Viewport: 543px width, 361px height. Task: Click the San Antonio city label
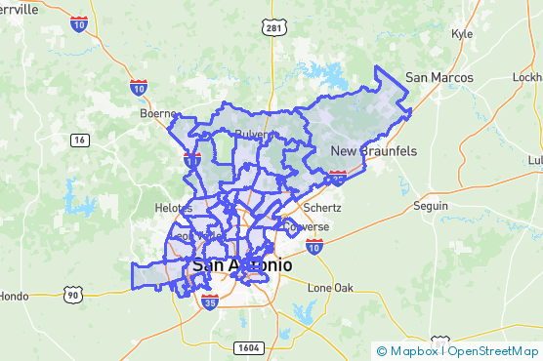(241, 264)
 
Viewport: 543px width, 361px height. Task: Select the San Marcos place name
(439, 78)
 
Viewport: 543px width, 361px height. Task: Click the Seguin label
(431, 206)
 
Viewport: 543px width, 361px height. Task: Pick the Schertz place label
(322, 208)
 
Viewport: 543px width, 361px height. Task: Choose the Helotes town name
(175, 208)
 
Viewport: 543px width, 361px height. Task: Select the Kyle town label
(461, 33)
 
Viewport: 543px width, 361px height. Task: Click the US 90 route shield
(72, 294)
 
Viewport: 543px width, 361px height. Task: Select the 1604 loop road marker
(248, 347)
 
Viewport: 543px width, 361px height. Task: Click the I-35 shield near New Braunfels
(338, 177)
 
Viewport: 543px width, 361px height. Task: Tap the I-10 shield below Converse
(314, 248)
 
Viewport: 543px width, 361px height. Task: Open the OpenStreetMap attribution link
(492, 350)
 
